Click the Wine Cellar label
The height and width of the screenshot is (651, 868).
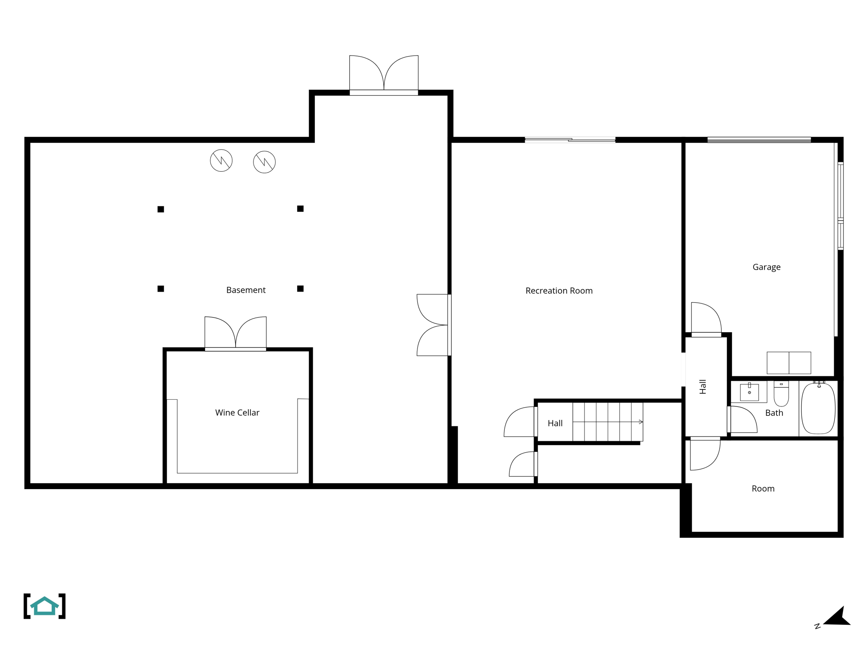click(237, 412)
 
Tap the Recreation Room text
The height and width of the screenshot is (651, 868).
click(559, 291)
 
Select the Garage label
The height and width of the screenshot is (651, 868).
click(766, 267)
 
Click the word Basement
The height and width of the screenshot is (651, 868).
click(246, 290)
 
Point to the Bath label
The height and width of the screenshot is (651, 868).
click(774, 413)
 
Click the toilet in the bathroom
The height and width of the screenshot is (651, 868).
click(781, 394)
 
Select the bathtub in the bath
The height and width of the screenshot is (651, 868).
click(818, 408)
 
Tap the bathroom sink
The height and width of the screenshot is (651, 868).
click(749, 392)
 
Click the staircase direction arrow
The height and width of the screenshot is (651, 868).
click(640, 422)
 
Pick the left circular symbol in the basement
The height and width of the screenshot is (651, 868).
click(221, 161)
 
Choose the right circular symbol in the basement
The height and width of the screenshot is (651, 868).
click(264, 162)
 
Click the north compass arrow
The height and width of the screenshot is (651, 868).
click(837, 617)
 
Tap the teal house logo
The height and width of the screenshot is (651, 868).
click(45, 606)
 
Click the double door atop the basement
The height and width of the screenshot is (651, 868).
click(384, 74)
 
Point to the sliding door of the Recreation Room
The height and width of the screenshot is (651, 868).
click(570, 140)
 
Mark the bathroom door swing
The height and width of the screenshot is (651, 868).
click(743, 420)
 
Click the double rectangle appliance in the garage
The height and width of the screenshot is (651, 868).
click(789, 363)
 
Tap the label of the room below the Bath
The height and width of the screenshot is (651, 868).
click(763, 489)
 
